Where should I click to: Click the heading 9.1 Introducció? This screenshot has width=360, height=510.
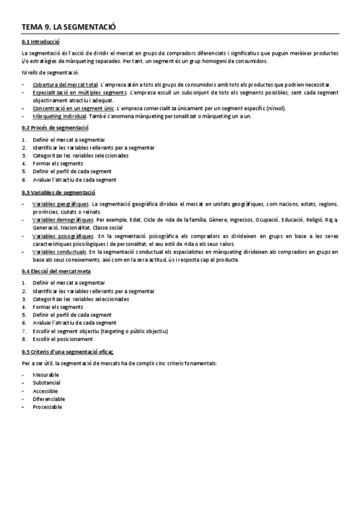pos(40,42)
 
